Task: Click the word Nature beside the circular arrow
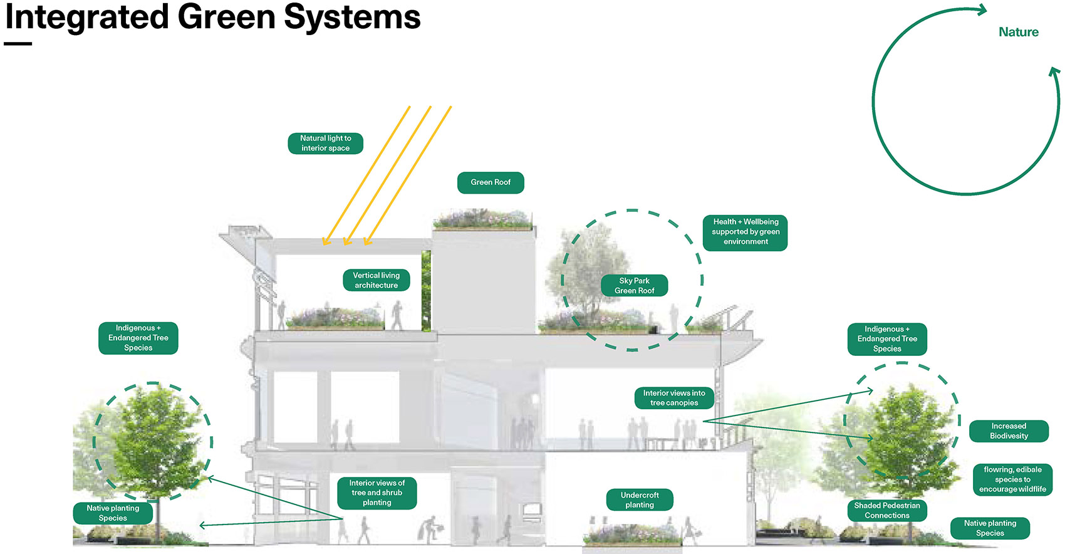[1018, 32]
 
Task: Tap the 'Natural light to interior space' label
[325, 144]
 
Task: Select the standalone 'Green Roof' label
[491, 182]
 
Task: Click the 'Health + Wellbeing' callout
[745, 232]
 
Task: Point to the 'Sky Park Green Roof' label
[634, 286]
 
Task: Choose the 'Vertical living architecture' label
[376, 280]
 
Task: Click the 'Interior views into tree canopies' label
[673, 398]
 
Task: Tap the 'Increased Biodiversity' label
[1009, 431]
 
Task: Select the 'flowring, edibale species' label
[1012, 479]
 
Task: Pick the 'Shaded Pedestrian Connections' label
[886, 511]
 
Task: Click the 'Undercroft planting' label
[640, 500]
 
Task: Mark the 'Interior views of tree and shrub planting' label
[377, 493]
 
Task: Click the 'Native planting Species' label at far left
[113, 513]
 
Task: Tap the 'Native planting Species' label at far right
[990, 528]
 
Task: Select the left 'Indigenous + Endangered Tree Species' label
[138, 338]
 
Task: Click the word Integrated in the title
[86, 17]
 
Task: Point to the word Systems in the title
[352, 17]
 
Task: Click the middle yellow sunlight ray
[388, 175]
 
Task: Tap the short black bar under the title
[18, 44]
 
